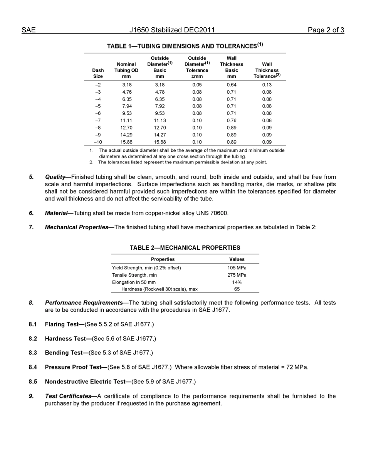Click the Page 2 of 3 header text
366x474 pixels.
click(326, 30)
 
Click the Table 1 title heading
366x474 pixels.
click(185, 46)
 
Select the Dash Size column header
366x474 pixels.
click(98, 73)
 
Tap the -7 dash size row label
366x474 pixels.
click(98, 120)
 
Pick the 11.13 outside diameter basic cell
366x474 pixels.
click(159, 120)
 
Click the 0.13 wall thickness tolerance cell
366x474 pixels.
click(267, 85)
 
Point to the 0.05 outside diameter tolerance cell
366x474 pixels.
click(197, 85)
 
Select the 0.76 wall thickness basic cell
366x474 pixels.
click(232, 120)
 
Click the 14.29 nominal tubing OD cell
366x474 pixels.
click(126, 135)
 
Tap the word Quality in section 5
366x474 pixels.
click(55, 177)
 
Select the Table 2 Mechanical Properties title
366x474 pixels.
click(185, 248)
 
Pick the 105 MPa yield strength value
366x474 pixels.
click(237, 268)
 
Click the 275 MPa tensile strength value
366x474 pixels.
click(237, 275)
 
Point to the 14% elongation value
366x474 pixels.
click(237, 282)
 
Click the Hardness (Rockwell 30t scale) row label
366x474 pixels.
click(159, 289)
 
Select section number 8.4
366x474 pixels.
click(33, 367)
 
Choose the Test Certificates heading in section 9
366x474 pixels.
click(68, 396)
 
